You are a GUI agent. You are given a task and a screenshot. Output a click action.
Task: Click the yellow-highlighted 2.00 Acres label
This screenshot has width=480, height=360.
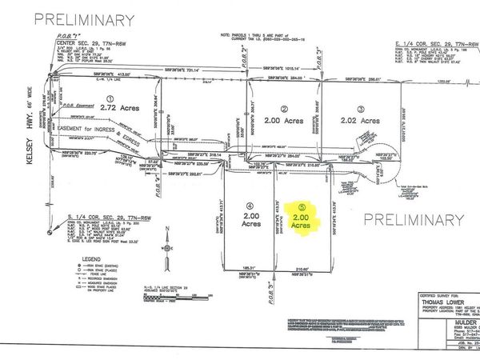[301, 221]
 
